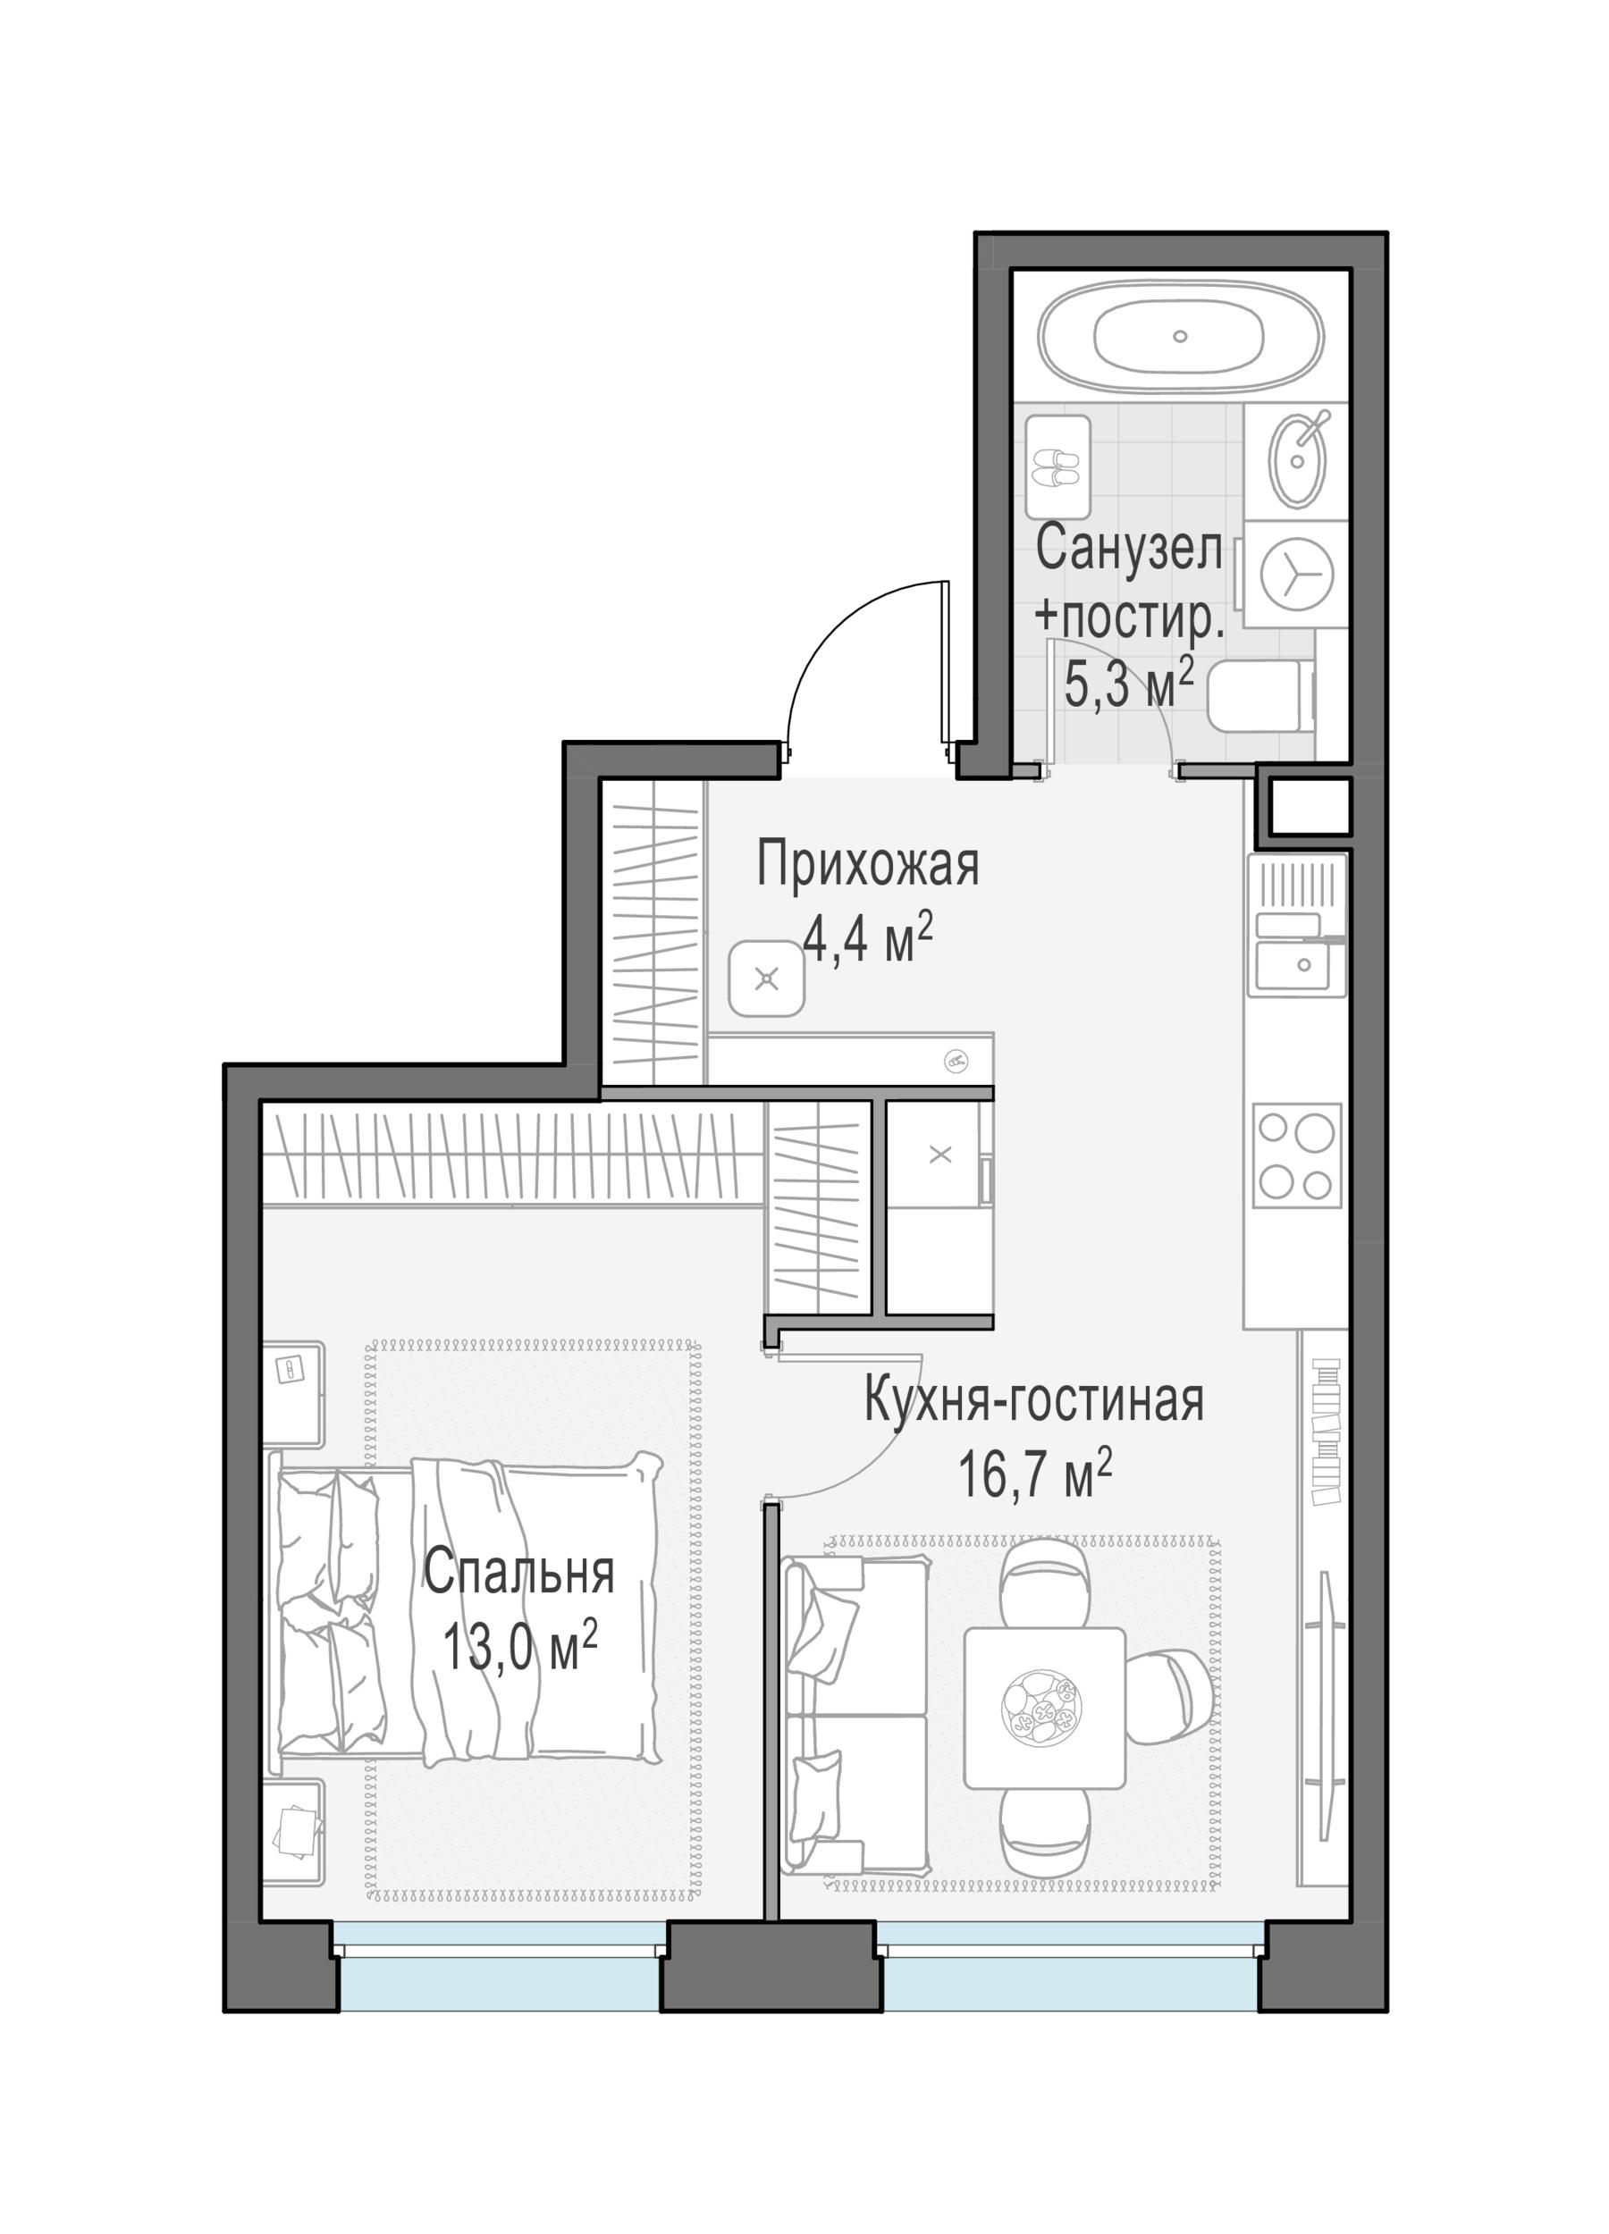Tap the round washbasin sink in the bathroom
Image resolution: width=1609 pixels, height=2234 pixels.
1299,460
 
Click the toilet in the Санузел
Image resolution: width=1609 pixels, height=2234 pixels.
1261,696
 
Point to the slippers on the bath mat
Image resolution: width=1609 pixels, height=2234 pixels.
1057,468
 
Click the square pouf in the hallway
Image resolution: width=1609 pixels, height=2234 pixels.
767,978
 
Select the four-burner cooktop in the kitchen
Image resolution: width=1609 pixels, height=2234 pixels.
1295,1155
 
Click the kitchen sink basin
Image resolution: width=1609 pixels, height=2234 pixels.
1299,965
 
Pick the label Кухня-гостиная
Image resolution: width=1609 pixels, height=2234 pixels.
1033,1400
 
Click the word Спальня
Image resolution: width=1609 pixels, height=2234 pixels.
519,1574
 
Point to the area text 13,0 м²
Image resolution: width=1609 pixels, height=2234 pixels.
519,1648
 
